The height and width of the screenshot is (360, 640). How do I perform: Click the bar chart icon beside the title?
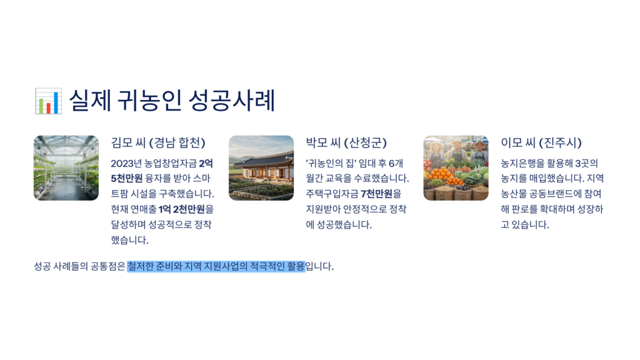point(48,101)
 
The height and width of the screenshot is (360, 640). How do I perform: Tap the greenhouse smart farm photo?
point(66,167)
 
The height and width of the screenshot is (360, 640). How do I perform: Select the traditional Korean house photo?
point(261,167)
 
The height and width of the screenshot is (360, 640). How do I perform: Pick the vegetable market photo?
point(456,167)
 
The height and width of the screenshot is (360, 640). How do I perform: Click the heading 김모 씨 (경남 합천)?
point(158,142)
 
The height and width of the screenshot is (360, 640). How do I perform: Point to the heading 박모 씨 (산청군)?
point(346,142)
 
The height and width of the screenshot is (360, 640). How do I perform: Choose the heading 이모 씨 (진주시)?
point(541,142)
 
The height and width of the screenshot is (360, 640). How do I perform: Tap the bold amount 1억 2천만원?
point(182,209)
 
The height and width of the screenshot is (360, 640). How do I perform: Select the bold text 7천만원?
point(376,194)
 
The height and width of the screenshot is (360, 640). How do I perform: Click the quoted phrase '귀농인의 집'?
point(331,163)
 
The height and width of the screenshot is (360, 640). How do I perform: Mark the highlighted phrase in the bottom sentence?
point(216,266)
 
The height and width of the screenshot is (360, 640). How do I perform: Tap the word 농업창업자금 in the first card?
point(171,163)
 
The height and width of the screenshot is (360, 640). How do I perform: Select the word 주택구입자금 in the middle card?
point(332,194)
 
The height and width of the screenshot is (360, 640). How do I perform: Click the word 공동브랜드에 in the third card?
point(551,194)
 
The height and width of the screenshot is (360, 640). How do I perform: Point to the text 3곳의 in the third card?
point(586,163)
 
